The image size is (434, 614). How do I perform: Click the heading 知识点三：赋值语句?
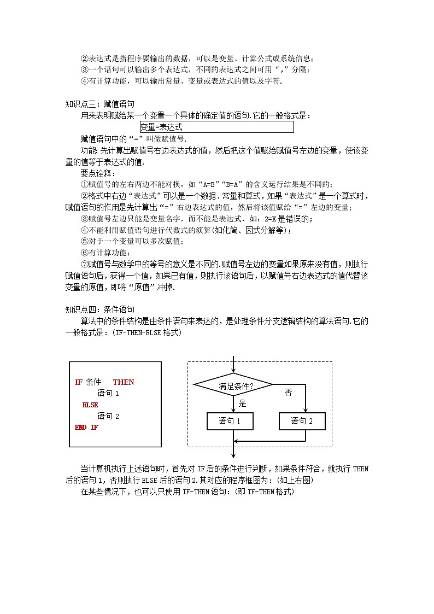coord(100,103)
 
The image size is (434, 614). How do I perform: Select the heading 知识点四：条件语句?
coord(100,309)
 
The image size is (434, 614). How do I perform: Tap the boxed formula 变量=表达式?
coord(216,127)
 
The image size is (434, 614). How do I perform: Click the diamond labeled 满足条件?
coord(233,385)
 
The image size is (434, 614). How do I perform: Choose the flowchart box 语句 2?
coord(302,421)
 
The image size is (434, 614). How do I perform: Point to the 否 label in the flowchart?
coord(288,393)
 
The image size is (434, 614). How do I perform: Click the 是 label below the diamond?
coord(243,404)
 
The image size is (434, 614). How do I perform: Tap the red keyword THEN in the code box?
coord(124,382)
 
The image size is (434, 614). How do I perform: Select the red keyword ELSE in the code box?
coord(90,405)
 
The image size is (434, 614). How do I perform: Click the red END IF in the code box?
coord(86,428)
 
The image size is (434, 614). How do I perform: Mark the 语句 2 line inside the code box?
coord(108,416)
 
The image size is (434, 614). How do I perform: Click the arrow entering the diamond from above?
coord(233,364)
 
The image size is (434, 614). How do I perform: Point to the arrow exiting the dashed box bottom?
coord(233,451)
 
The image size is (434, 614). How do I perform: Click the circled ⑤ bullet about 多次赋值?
coord(84,241)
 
